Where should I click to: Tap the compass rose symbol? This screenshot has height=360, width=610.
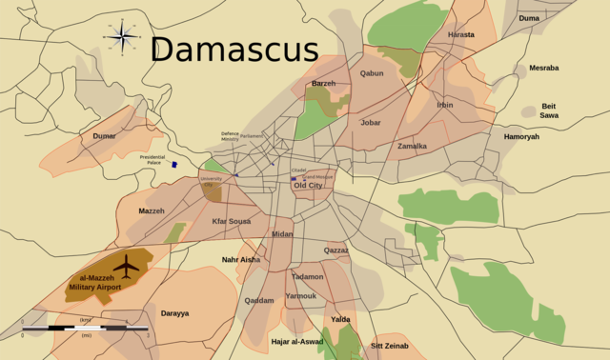[121, 37]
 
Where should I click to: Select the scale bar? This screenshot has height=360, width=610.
[85, 329]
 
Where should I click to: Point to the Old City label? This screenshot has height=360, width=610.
[308, 186]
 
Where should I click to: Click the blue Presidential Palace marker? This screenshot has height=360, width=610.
[174, 164]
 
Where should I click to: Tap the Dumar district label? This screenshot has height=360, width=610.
[105, 136]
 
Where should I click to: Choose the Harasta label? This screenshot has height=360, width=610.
[461, 35]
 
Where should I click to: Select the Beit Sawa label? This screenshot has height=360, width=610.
[549, 110]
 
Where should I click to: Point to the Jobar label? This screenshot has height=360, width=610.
[371, 122]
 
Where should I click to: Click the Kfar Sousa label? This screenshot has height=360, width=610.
[231, 221]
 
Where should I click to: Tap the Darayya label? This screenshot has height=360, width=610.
[174, 312]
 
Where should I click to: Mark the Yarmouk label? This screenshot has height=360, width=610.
[300, 295]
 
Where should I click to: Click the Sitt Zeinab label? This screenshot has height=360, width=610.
[389, 346]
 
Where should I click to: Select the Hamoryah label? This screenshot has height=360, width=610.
[521, 137]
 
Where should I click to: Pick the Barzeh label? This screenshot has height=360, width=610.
[323, 84]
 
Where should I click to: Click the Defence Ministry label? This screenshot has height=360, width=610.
[230, 137]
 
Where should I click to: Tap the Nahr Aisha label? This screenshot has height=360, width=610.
[240, 259]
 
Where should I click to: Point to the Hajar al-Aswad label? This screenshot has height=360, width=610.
[296, 341]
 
